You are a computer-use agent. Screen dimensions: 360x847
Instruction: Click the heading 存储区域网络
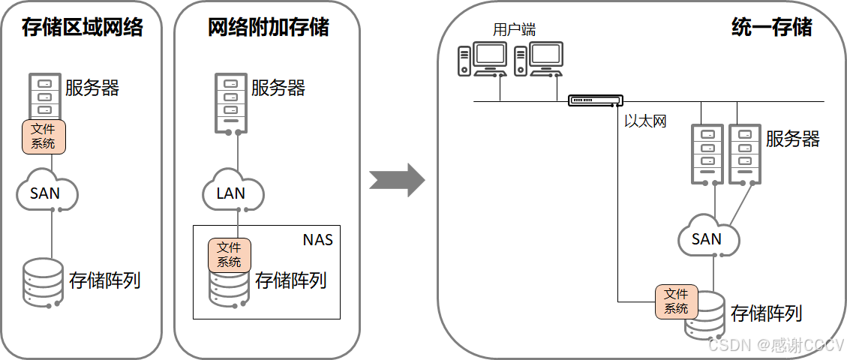(83, 28)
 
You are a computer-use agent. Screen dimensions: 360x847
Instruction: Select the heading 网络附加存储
(268, 28)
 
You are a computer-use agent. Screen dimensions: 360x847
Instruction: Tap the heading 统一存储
(772, 28)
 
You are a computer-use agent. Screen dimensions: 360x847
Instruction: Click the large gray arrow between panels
(398, 180)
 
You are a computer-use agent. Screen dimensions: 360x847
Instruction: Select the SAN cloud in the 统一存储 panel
(707, 238)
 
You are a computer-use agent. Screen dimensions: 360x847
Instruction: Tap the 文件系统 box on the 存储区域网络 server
(44, 136)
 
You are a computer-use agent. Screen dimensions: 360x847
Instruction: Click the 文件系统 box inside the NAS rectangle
(229, 255)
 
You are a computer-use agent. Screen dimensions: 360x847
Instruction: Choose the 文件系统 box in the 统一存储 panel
(676, 301)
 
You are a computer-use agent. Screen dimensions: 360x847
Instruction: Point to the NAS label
(317, 240)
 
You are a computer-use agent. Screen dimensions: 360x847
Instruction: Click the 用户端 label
(514, 30)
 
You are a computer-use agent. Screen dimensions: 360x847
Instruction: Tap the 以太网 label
(645, 121)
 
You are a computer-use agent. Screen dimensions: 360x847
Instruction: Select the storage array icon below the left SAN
(43, 282)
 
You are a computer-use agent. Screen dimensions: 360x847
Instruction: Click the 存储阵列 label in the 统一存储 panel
(765, 313)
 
